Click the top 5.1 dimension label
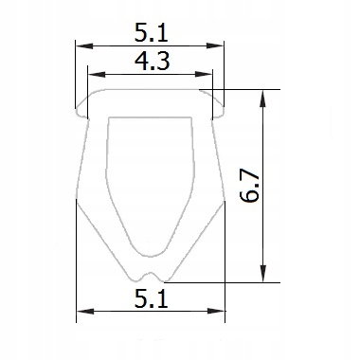tap(151, 33)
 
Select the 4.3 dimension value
tap(153, 62)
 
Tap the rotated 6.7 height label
tap(249, 187)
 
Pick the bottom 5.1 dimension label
tap(151, 298)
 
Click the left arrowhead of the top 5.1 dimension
tap(84, 46)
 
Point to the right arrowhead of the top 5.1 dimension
tap(215, 46)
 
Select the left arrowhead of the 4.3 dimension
tap(97, 75)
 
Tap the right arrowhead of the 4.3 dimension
tap(204, 75)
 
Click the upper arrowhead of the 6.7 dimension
tap(262, 99)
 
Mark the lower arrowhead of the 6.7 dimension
tap(262, 273)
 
